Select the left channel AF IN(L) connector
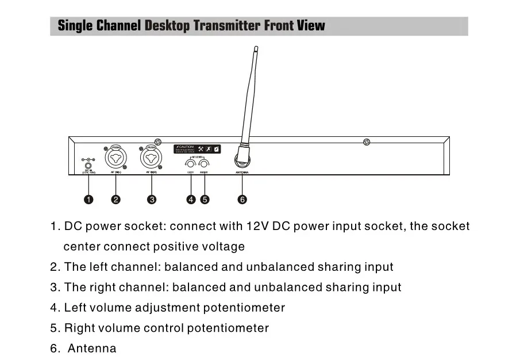click(115, 156)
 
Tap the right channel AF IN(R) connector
click(151, 156)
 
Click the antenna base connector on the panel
click(242, 158)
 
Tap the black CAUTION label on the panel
click(197, 149)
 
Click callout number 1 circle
click(88, 200)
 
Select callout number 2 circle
click(116, 200)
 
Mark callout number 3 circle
click(152, 200)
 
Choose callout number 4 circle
click(191, 200)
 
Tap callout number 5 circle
click(205, 200)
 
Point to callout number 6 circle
click(242, 200)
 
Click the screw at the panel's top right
click(367, 142)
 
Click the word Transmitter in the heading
click(227, 26)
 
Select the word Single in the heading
click(75, 26)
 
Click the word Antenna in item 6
click(92, 348)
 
